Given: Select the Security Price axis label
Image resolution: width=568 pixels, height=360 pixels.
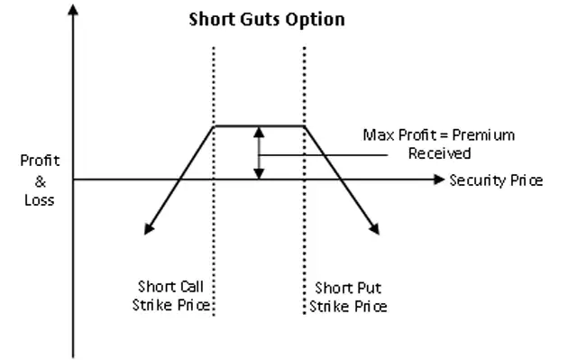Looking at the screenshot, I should pyautogui.click(x=496, y=180).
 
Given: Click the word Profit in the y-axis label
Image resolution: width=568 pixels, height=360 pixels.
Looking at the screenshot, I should pyautogui.click(x=40, y=161).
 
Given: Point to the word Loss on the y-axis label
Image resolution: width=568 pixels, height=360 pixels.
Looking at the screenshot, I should pyautogui.click(x=40, y=200).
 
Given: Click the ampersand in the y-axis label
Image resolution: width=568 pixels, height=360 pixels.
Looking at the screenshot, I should pyautogui.click(x=40, y=180).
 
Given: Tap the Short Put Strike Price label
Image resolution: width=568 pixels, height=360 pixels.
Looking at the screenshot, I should pyautogui.click(x=349, y=297).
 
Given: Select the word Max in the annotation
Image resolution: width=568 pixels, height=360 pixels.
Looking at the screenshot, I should pyautogui.click(x=377, y=135).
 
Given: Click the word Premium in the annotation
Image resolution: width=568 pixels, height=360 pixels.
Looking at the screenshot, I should pyautogui.click(x=484, y=135).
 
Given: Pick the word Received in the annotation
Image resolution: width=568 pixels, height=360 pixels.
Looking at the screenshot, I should pyautogui.click(x=439, y=153).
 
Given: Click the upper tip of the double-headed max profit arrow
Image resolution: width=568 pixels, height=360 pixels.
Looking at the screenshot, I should pyautogui.click(x=260, y=129).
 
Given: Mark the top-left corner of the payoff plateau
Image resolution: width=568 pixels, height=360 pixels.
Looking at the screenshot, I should pyautogui.click(x=213, y=126).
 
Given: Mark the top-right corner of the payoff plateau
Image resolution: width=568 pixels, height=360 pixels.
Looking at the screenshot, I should pyautogui.click(x=307, y=126).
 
